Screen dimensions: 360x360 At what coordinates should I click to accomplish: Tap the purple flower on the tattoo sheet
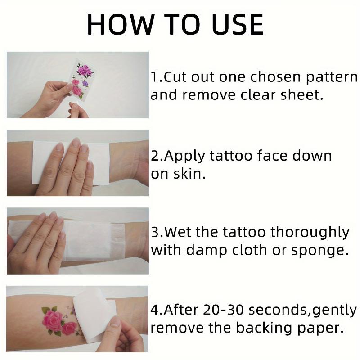coord(85,84)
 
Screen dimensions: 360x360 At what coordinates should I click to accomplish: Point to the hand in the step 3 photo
coord(38,241)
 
